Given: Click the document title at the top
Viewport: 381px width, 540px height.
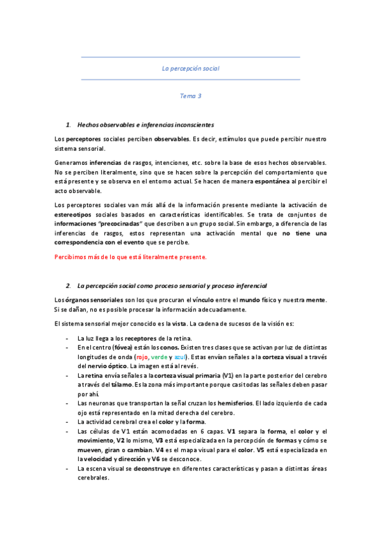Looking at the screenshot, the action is [190, 68].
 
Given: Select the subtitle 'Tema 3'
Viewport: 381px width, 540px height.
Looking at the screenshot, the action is [190, 96].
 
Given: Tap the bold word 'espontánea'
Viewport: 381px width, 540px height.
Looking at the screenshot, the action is [273, 181].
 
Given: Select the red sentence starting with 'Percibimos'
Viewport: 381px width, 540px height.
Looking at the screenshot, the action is [130, 257].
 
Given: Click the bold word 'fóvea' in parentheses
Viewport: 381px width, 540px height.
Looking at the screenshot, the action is [121, 348].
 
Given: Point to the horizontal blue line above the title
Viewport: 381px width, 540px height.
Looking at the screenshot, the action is [190, 57].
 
